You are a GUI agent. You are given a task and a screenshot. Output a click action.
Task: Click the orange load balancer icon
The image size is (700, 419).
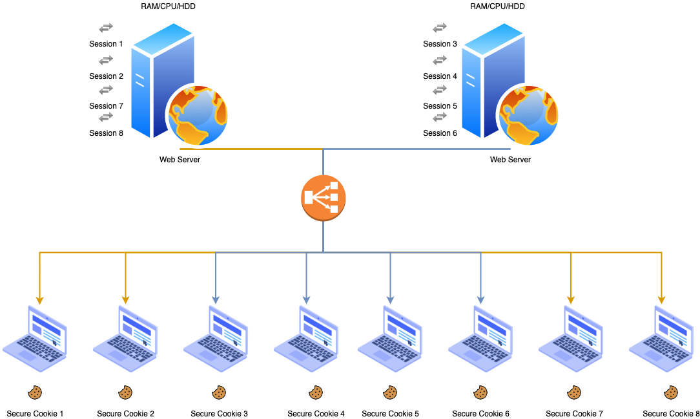click(324, 198)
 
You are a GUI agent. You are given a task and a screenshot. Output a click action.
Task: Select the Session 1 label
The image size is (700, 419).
click(106, 44)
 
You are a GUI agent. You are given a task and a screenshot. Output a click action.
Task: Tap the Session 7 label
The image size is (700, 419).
click(106, 106)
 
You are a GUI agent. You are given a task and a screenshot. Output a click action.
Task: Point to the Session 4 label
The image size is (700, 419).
click(440, 76)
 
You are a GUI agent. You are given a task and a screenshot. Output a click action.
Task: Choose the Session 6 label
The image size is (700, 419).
click(440, 133)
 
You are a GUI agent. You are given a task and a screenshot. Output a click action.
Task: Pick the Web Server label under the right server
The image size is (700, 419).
click(510, 160)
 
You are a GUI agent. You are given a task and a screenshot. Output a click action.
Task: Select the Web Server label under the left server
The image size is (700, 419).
click(180, 160)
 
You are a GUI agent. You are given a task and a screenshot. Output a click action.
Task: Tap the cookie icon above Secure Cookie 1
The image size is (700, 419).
click(35, 392)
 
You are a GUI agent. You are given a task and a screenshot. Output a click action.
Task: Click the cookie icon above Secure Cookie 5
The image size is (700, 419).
click(390, 392)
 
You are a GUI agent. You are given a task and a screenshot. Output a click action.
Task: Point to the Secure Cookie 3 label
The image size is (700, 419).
click(219, 414)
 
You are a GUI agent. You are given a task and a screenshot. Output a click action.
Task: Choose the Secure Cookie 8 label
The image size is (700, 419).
click(671, 414)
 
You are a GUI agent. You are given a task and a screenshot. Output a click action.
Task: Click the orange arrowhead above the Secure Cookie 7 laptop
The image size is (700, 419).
click(571, 300)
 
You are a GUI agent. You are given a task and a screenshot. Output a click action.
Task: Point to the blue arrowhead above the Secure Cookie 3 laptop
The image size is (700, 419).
click(216, 300)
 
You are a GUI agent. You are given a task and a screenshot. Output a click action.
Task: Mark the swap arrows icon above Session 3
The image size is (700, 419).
click(440, 28)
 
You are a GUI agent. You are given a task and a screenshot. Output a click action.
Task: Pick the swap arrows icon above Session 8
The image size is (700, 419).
click(106, 117)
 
